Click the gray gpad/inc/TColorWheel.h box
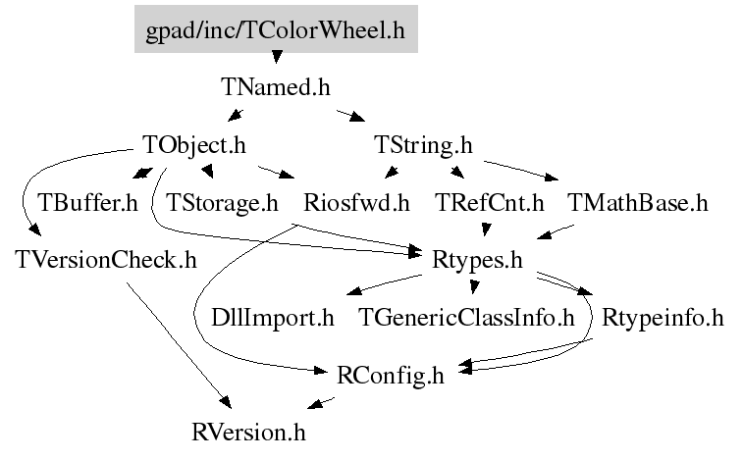pos(275,30)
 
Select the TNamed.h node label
pos(276,87)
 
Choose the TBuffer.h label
pos(87,203)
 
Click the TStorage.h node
pos(223,203)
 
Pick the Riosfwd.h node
pos(356,203)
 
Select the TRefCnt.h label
pos(489,203)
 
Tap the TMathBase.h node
pos(637,203)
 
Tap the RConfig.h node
pos(390,374)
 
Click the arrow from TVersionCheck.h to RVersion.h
pos(178,343)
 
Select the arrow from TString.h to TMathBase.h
pos(520,169)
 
